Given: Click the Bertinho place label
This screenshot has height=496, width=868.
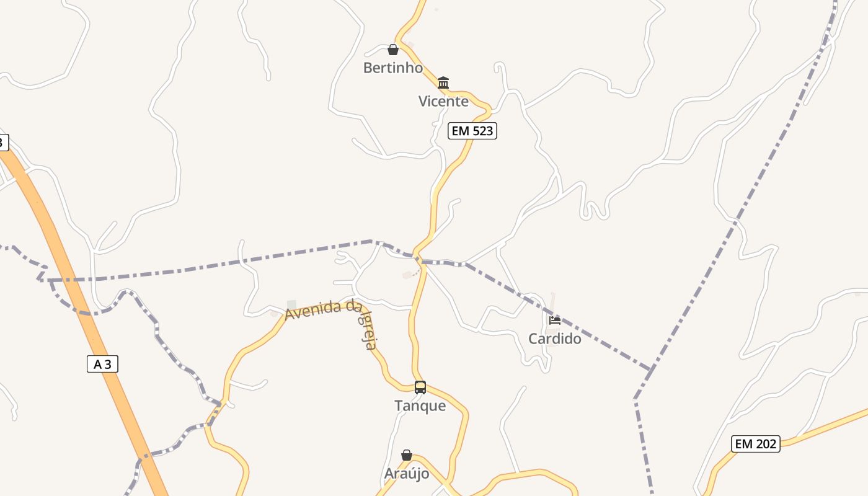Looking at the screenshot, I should [x=392, y=68].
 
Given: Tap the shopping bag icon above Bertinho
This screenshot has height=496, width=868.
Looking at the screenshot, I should [x=393, y=50].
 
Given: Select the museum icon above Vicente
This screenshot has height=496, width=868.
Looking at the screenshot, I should [x=443, y=82].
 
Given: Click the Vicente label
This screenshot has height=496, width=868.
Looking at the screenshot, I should [x=443, y=101].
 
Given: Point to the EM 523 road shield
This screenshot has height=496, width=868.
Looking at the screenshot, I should [x=472, y=131].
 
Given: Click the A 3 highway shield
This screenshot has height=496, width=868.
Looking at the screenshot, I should [x=102, y=364].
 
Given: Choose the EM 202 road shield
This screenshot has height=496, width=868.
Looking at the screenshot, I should [x=756, y=444].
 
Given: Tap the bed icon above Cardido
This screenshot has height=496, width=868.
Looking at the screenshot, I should [x=555, y=321].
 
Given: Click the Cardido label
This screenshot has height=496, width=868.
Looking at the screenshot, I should [x=555, y=339].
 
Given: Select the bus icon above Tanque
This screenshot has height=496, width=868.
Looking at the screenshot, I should [x=420, y=387].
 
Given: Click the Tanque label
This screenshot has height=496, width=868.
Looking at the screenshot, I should [x=420, y=406].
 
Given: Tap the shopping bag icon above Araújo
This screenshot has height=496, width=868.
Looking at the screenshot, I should [x=407, y=456].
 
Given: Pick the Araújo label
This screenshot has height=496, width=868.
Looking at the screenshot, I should [x=407, y=474].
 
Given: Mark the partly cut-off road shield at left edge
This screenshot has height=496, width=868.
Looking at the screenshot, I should [x=3, y=143].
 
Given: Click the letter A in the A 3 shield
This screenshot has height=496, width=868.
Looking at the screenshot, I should [x=97, y=364].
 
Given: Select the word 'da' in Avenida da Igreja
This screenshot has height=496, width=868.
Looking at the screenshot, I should [x=354, y=306].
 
